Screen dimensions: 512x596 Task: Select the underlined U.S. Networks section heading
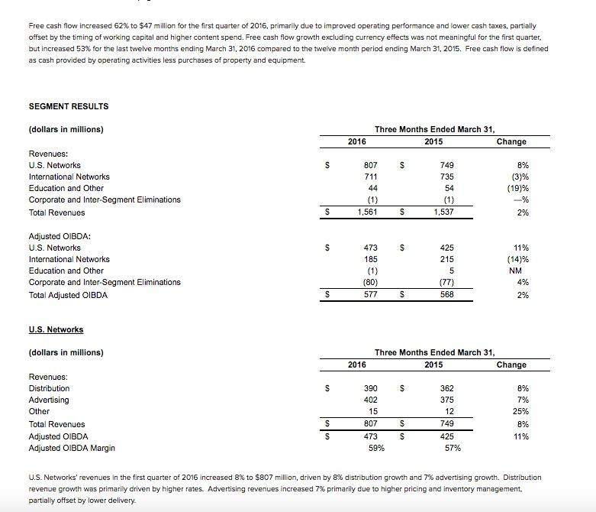[56, 329]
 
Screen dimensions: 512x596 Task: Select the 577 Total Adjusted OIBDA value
[369, 294]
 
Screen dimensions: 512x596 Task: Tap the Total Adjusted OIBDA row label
[68, 294]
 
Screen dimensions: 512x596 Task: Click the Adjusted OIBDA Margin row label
[72, 448]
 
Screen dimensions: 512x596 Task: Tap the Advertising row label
[48, 400]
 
